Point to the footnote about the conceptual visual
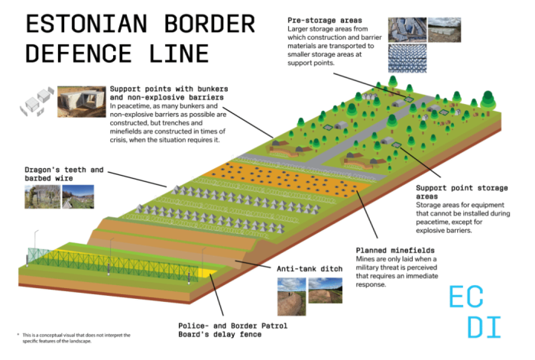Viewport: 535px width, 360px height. click(75, 339)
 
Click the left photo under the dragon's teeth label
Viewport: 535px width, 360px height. click(37, 196)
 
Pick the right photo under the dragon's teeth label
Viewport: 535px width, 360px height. click(77, 196)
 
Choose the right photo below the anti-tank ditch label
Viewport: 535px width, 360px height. click(326, 290)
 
